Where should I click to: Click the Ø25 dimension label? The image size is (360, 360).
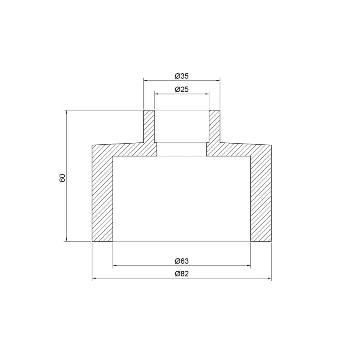pos(182,90)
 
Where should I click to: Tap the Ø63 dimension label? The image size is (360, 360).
pos(182,261)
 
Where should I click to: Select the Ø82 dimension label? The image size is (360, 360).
pos(182,274)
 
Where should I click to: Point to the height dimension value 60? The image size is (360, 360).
pos(62,178)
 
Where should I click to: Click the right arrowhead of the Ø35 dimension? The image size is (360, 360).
pos(218,80)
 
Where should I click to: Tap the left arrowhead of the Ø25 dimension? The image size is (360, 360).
pos(156,94)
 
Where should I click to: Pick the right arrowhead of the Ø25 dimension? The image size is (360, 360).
pos(207,94)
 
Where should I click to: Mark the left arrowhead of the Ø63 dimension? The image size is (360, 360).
pos(115,266)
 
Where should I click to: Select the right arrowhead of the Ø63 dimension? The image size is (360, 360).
pos(248,266)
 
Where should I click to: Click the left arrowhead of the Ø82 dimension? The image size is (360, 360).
pos(94,278)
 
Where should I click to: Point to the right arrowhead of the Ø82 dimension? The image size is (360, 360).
pos(269,278)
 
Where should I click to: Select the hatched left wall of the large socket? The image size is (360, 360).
pos(102,196)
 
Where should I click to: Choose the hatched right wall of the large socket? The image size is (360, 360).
pos(261,196)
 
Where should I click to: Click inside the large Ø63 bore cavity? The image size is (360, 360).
pos(182,200)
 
